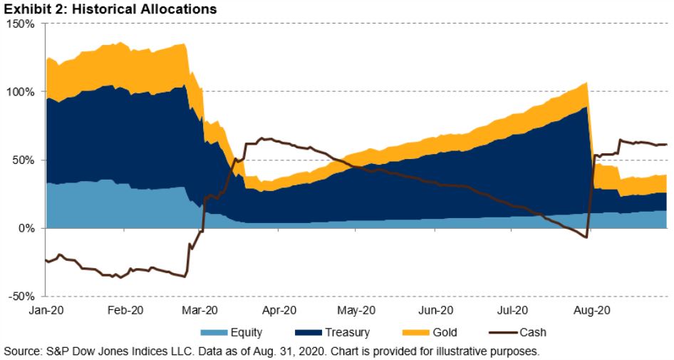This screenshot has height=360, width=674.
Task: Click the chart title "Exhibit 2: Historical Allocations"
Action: [109, 10]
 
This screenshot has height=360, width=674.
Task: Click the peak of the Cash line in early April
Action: [265, 138]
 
